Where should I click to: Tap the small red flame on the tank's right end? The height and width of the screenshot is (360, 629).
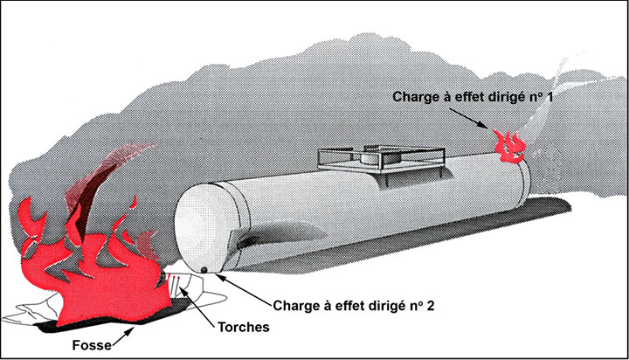tap(508, 146)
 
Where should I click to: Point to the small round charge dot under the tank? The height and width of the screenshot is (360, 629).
tap(203, 269)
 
